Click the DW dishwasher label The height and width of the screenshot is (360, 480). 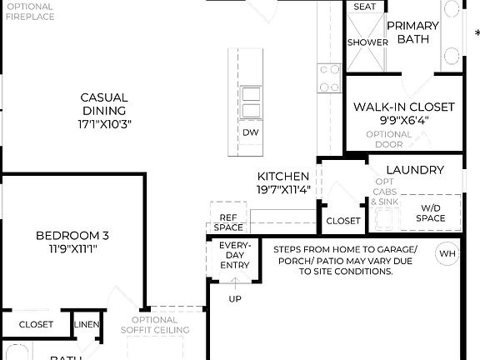(250, 132)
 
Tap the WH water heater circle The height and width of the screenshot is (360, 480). (447, 253)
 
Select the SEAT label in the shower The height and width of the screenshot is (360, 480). (364, 7)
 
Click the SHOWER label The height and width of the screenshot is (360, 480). (367, 42)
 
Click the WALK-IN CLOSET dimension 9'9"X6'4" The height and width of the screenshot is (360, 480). (403, 120)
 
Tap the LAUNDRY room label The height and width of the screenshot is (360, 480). (415, 170)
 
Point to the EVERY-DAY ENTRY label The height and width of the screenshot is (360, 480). (234, 255)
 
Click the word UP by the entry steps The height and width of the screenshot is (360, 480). (235, 298)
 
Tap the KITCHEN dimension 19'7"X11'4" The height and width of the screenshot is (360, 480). (283, 189)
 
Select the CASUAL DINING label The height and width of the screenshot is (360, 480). (104, 110)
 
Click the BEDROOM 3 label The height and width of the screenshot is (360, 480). (72, 242)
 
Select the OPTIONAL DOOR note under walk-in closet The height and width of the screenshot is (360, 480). (388, 139)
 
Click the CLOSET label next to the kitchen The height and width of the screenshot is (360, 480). (342, 221)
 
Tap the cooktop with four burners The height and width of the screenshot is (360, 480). (329, 77)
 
